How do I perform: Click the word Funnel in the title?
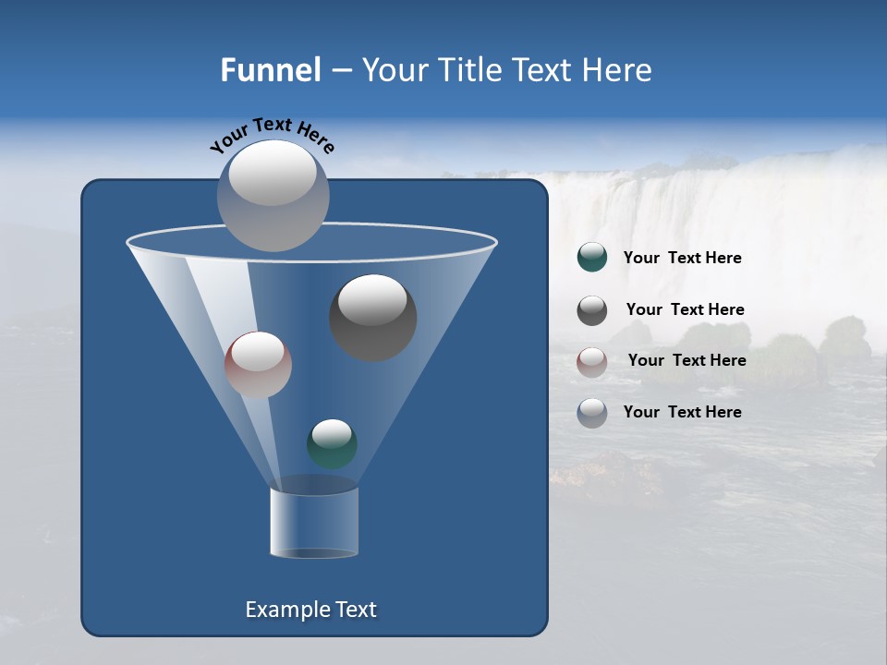click(271, 70)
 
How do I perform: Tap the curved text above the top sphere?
click(273, 135)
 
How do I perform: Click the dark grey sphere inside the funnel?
click(373, 318)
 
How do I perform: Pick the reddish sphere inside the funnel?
click(258, 365)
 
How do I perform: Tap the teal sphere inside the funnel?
click(332, 444)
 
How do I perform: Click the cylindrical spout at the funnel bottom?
click(314, 523)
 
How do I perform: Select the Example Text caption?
click(310, 610)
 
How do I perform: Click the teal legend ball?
click(592, 258)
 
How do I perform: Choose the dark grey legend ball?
click(592, 310)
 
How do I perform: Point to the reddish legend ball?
click(592, 361)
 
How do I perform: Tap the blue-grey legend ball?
click(592, 413)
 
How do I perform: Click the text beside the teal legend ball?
click(682, 259)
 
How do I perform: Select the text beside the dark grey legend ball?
click(685, 310)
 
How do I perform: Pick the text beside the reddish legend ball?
click(687, 361)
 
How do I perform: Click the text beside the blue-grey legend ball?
click(682, 413)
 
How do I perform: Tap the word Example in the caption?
click(286, 610)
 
